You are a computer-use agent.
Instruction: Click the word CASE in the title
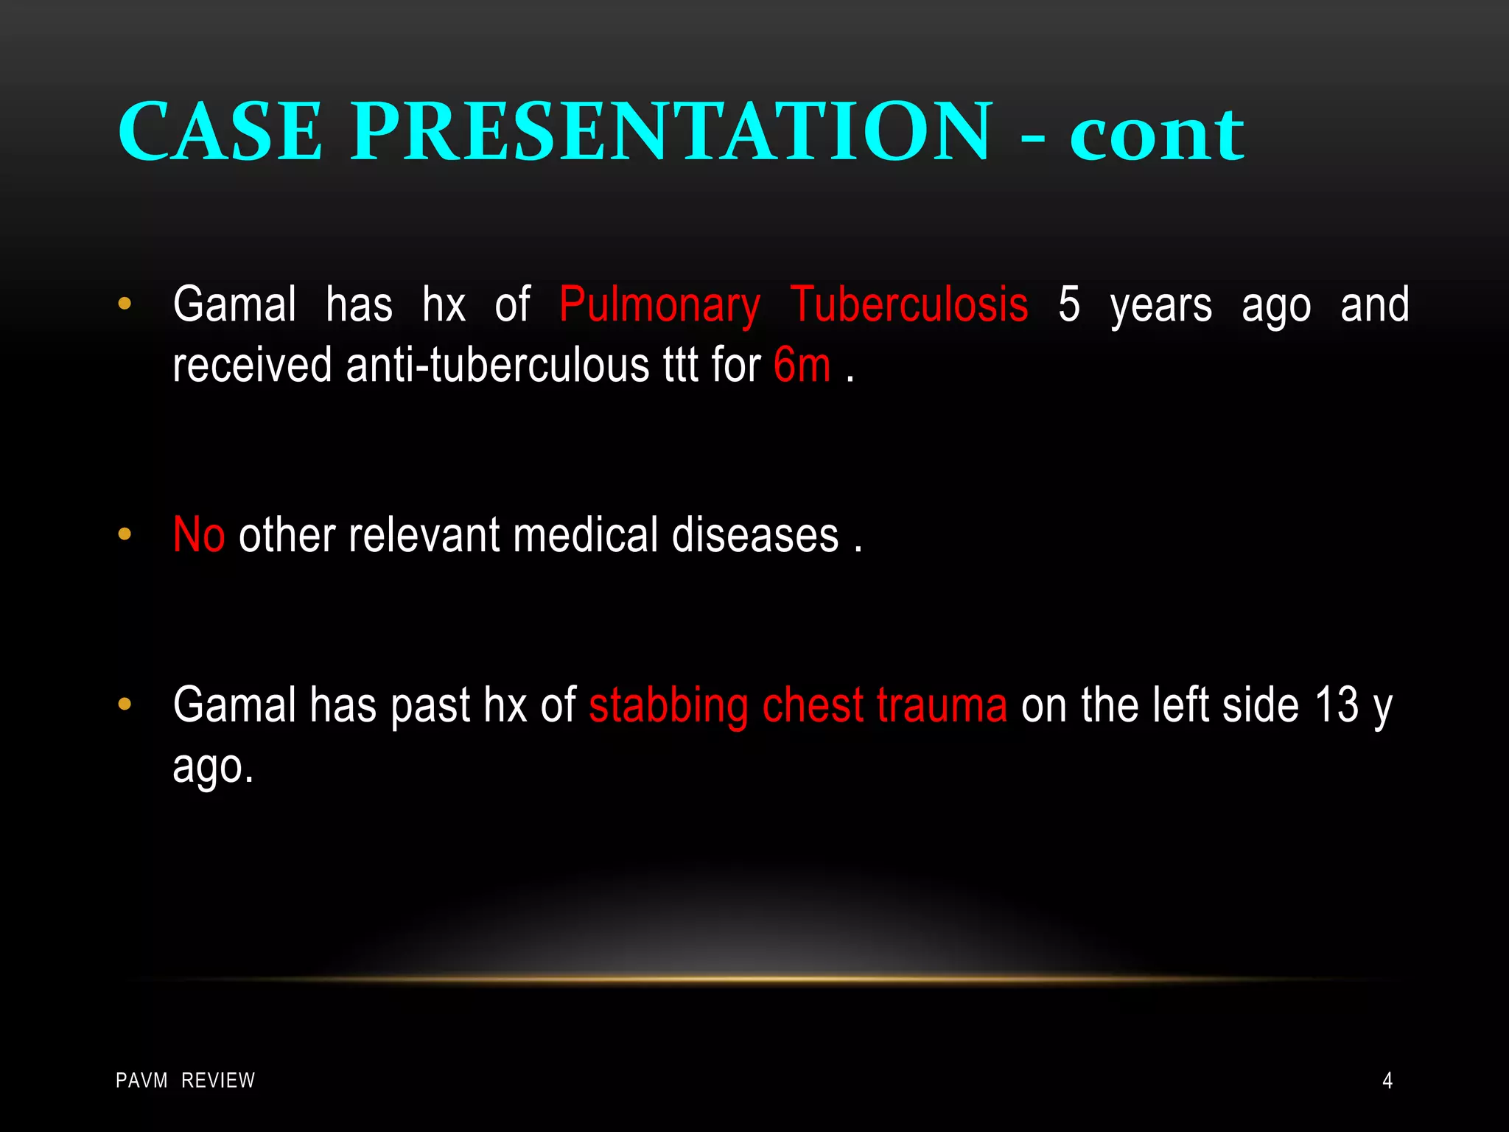(220, 133)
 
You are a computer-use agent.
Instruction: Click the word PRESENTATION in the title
(671, 133)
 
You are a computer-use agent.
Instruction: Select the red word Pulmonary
(659, 305)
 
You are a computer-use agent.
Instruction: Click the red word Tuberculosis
(909, 305)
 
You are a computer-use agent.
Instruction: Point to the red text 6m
(802, 365)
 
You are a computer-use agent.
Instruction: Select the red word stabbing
(668, 705)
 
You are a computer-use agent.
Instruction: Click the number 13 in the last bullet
(1336, 705)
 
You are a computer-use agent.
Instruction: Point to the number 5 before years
(1069, 305)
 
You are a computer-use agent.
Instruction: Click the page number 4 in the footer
(1387, 1081)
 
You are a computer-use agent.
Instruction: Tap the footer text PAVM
(141, 1081)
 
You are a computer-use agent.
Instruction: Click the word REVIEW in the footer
(218, 1081)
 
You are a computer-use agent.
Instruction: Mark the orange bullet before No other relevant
(125, 534)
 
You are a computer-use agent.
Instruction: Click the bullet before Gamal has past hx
(125, 705)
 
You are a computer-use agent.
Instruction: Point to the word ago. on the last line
(213, 768)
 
